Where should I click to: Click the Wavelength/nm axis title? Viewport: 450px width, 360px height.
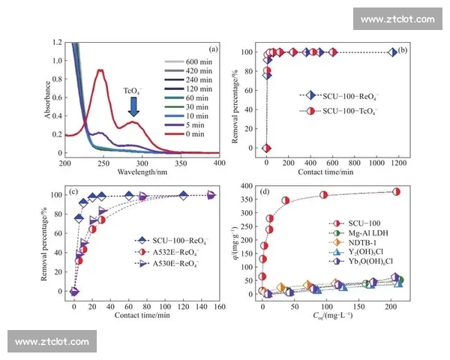click(142, 172)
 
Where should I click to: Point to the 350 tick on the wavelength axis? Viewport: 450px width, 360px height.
click(180, 163)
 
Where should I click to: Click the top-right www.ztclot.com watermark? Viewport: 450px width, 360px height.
click(397, 19)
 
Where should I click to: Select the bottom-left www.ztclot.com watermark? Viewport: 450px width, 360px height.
click(53, 342)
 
